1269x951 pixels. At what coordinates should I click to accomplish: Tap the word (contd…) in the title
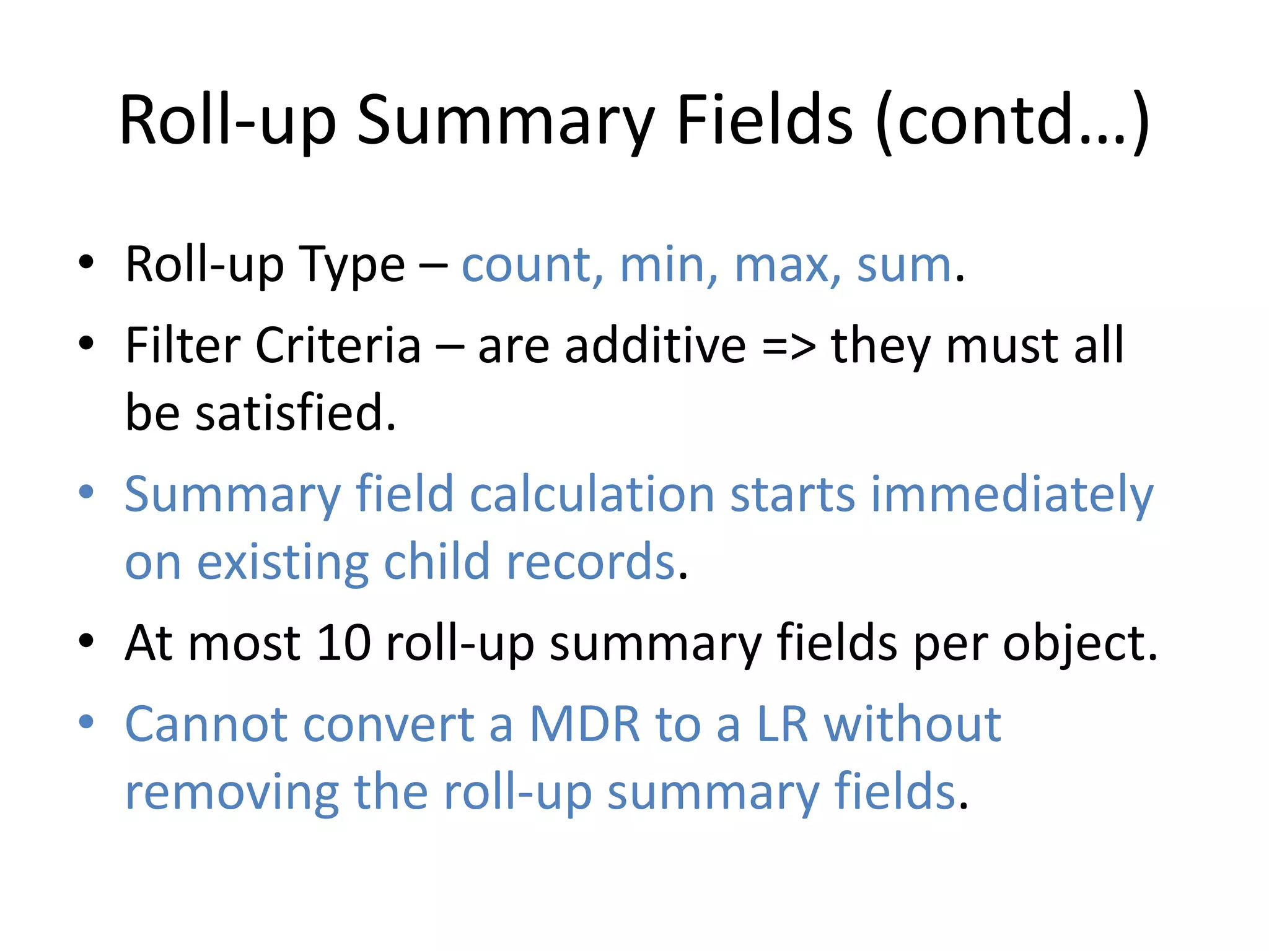pyautogui.click(x=1012, y=121)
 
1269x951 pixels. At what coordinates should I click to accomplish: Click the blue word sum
pyautogui.click(x=903, y=265)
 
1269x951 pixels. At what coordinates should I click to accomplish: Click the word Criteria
pyautogui.click(x=338, y=345)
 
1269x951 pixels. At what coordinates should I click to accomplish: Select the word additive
pyautogui.click(x=655, y=345)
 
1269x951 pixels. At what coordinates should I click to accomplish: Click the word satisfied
pyautogui.click(x=295, y=413)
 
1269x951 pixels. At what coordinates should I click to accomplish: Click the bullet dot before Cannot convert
pyautogui.click(x=86, y=722)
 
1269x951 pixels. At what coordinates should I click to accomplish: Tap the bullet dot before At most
pyautogui.click(x=86, y=641)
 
